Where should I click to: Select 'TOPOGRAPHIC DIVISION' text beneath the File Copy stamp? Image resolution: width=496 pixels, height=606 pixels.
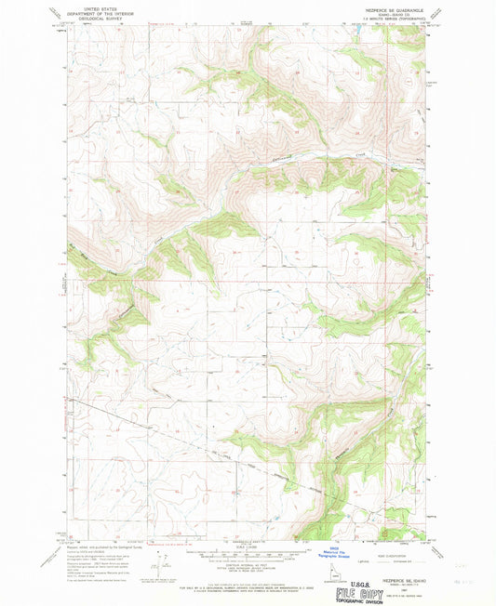[x=384, y=599]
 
